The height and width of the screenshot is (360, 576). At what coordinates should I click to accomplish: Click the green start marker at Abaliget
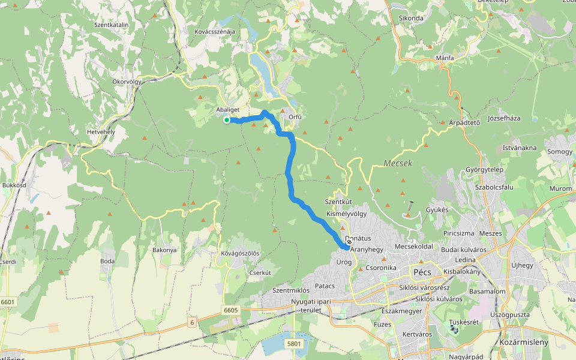click(227, 120)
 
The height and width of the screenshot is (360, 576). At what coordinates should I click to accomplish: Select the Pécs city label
click(422, 272)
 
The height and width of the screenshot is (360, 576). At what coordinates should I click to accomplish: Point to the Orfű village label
click(295, 117)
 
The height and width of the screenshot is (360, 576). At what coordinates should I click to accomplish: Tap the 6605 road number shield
click(230, 310)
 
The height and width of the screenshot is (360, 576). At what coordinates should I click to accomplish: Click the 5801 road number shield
click(293, 343)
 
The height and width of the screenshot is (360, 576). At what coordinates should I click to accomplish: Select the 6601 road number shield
click(8, 302)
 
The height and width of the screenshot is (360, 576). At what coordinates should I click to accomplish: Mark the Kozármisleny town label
click(523, 342)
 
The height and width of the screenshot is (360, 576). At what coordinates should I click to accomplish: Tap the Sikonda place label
click(411, 18)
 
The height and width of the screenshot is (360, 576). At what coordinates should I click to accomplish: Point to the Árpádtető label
click(464, 122)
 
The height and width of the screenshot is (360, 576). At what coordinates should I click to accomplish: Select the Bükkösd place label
click(14, 185)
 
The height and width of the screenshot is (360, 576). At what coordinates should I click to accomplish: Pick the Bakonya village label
click(165, 249)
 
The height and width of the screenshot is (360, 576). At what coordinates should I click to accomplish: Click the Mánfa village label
click(445, 58)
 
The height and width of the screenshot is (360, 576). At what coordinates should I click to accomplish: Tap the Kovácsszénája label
click(215, 32)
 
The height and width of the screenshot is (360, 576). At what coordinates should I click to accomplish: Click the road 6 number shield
click(191, 323)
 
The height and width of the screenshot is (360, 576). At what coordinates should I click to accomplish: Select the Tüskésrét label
click(463, 322)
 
